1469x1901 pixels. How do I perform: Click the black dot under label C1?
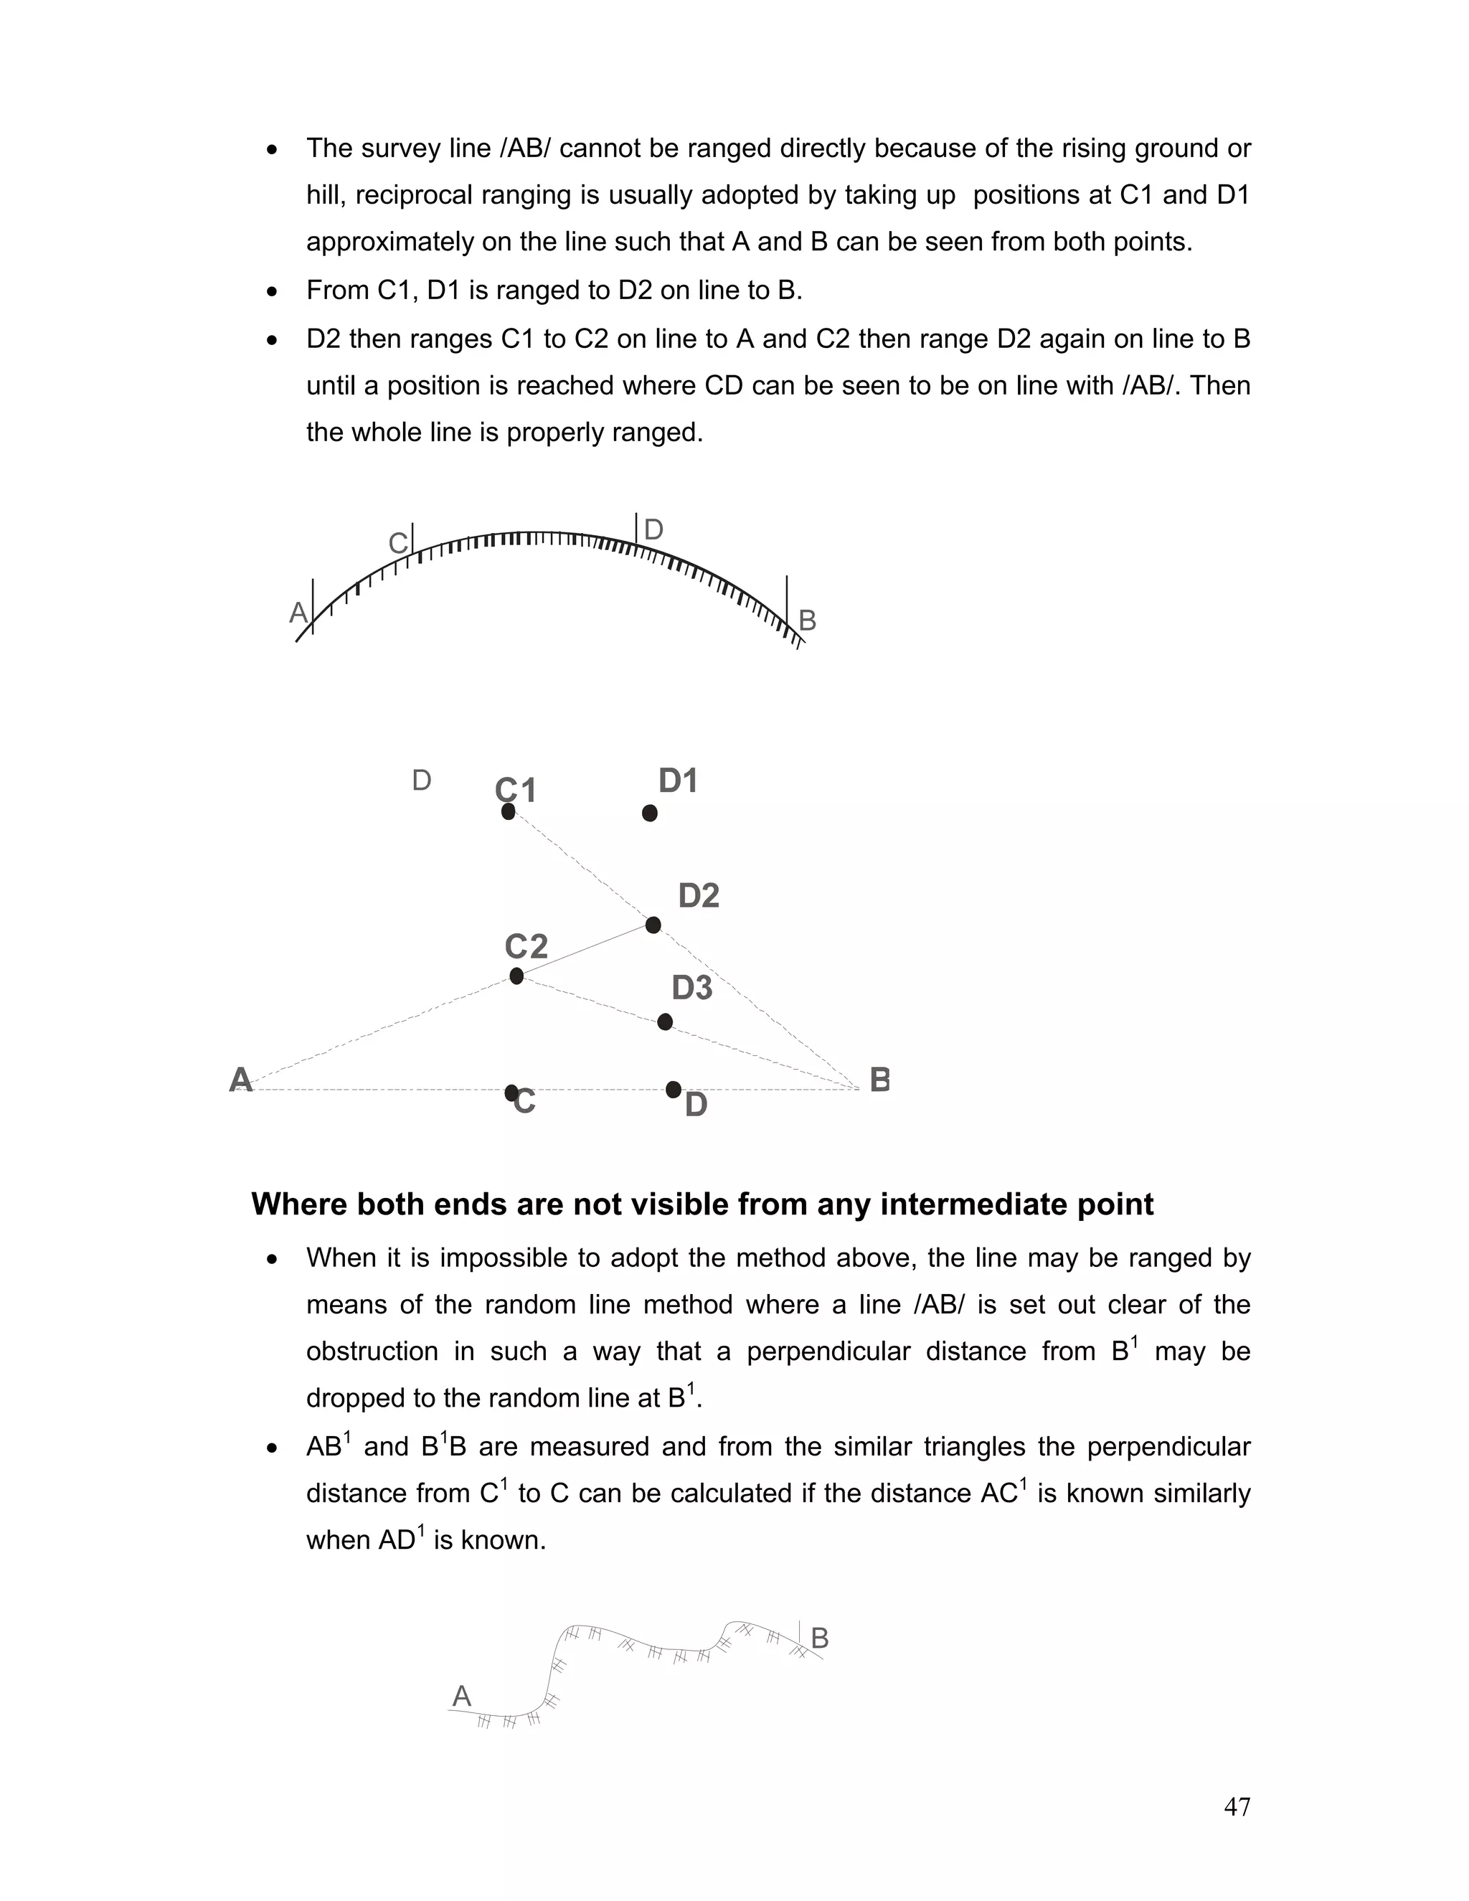point(509,811)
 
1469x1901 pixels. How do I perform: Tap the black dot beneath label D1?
point(649,813)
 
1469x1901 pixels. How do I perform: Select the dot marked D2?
point(653,925)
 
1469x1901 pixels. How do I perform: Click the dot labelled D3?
point(665,1022)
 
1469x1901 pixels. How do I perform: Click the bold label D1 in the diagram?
point(678,780)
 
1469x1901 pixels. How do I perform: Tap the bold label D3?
point(692,988)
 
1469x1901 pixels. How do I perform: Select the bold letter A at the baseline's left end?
point(240,1080)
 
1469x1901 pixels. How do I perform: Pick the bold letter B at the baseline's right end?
point(880,1080)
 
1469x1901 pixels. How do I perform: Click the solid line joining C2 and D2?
point(585,950)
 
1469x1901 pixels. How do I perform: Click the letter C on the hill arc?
point(397,543)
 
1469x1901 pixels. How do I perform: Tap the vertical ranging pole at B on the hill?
point(787,608)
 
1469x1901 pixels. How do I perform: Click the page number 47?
point(1237,1807)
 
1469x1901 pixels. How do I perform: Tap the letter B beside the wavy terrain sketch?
point(819,1639)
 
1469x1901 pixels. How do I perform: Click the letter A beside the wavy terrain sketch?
point(461,1696)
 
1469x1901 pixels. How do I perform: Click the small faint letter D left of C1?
point(421,780)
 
